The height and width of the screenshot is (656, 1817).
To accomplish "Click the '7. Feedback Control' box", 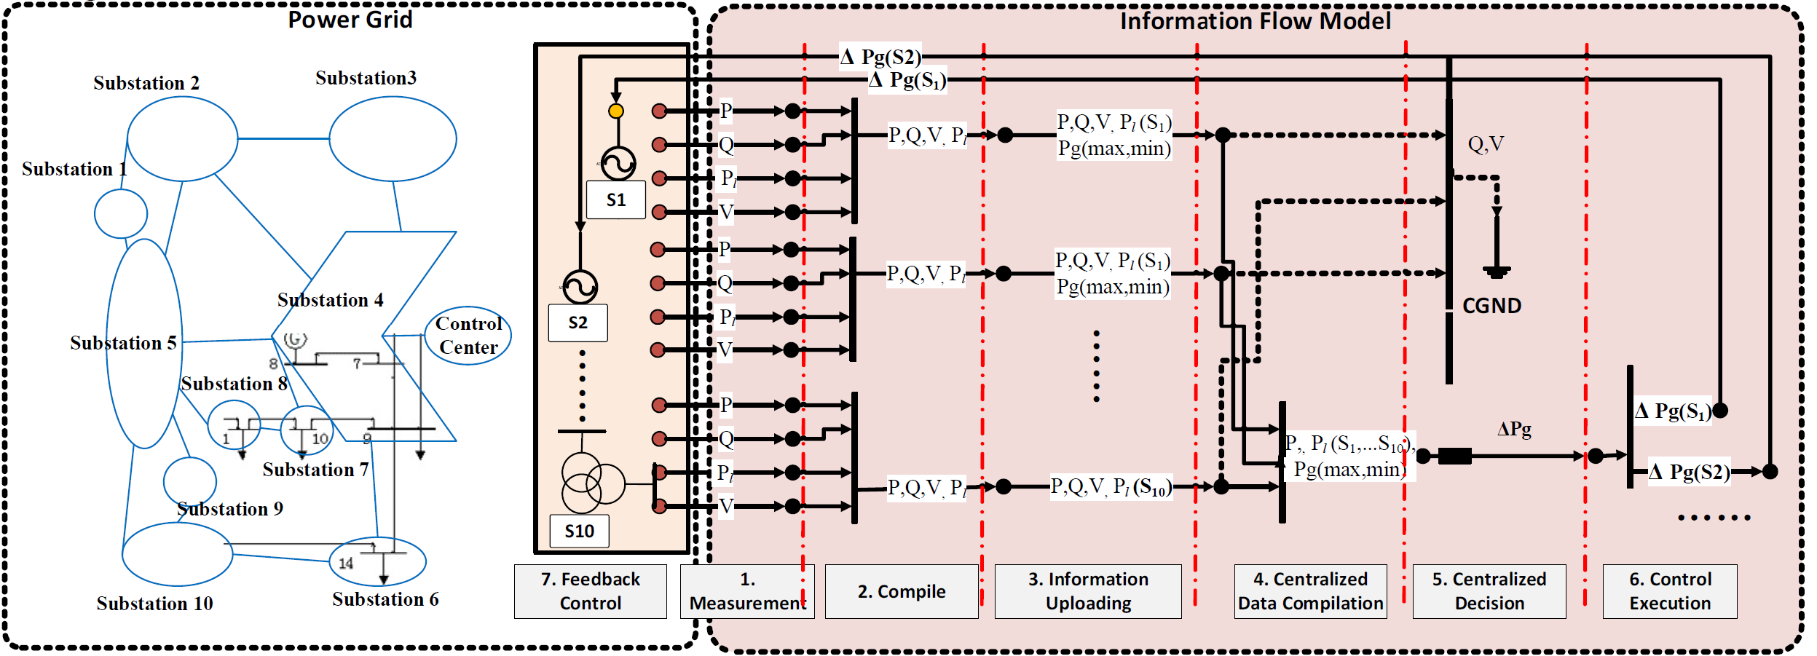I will [x=590, y=591].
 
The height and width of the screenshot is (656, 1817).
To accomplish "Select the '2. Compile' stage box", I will [x=901, y=591].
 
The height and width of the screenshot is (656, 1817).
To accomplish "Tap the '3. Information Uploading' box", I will [x=1088, y=591].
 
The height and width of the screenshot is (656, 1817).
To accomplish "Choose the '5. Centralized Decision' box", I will [x=1489, y=591].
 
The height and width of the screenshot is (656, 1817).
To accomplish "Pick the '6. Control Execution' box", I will [x=1669, y=591].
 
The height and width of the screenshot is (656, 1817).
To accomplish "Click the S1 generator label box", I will [x=616, y=200].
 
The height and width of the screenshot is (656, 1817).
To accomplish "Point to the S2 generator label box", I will [x=578, y=323].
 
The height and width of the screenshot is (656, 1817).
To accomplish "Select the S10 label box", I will [x=580, y=531].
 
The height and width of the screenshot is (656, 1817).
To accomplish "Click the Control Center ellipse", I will [x=468, y=336].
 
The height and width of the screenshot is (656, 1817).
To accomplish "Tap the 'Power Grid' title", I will [x=350, y=20].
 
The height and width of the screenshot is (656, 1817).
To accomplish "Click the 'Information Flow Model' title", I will [x=1256, y=21].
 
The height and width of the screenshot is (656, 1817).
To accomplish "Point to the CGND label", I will [x=1491, y=306].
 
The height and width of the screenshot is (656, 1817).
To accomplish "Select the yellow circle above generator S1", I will [x=616, y=111].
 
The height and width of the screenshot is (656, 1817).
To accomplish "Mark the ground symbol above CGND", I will [x=1497, y=271].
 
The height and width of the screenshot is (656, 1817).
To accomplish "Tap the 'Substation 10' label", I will [x=154, y=604].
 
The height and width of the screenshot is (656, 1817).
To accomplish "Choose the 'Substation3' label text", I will [x=366, y=78].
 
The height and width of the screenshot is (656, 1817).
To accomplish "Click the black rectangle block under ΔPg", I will [x=1454, y=457].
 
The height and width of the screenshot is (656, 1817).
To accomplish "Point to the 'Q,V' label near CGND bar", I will [x=1486, y=144].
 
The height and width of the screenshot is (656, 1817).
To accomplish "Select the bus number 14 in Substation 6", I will [x=346, y=563].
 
